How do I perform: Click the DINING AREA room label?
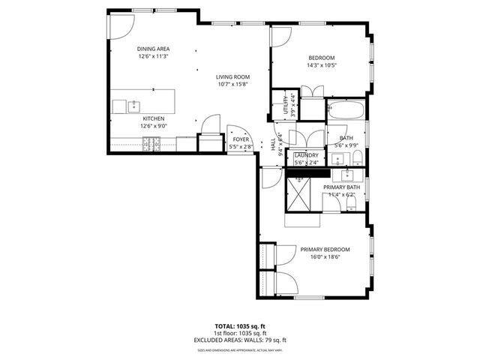click(x=153, y=49)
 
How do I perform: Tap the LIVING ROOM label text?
click(x=232, y=76)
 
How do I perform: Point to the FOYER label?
click(x=241, y=139)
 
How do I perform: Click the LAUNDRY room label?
click(x=306, y=155)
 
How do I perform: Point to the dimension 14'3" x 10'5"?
click(x=321, y=65)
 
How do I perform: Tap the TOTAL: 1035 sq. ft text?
click(x=240, y=326)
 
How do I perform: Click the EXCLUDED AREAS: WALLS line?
click(x=240, y=340)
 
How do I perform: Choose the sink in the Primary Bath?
click(x=347, y=175)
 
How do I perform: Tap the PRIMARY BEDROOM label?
click(x=325, y=249)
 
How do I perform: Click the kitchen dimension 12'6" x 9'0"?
click(x=153, y=126)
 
